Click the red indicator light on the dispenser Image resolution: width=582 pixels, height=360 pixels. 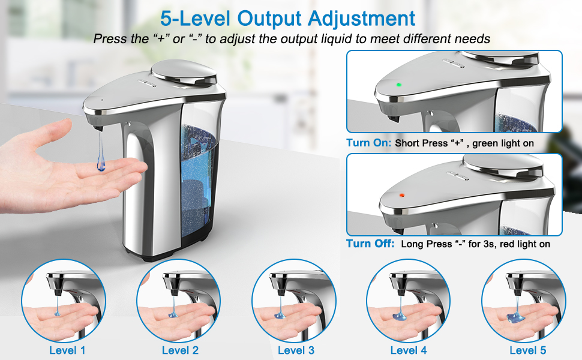[401, 195]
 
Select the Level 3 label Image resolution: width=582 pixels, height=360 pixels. [296, 350]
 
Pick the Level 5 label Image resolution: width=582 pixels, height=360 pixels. [527, 350]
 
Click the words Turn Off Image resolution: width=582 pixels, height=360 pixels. [370, 244]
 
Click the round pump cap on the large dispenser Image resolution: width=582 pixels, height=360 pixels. [183, 74]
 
